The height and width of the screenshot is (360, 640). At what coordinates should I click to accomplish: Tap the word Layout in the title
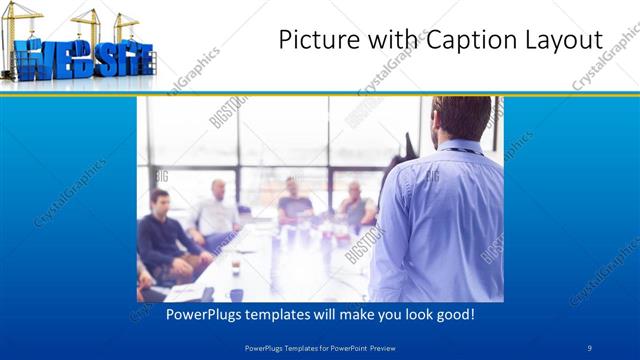click(x=561, y=41)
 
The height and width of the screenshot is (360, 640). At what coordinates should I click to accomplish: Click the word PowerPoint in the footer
click(x=344, y=347)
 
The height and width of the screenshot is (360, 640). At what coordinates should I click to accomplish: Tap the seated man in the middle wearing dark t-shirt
click(x=294, y=200)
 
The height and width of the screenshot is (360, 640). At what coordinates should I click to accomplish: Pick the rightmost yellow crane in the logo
click(x=126, y=22)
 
